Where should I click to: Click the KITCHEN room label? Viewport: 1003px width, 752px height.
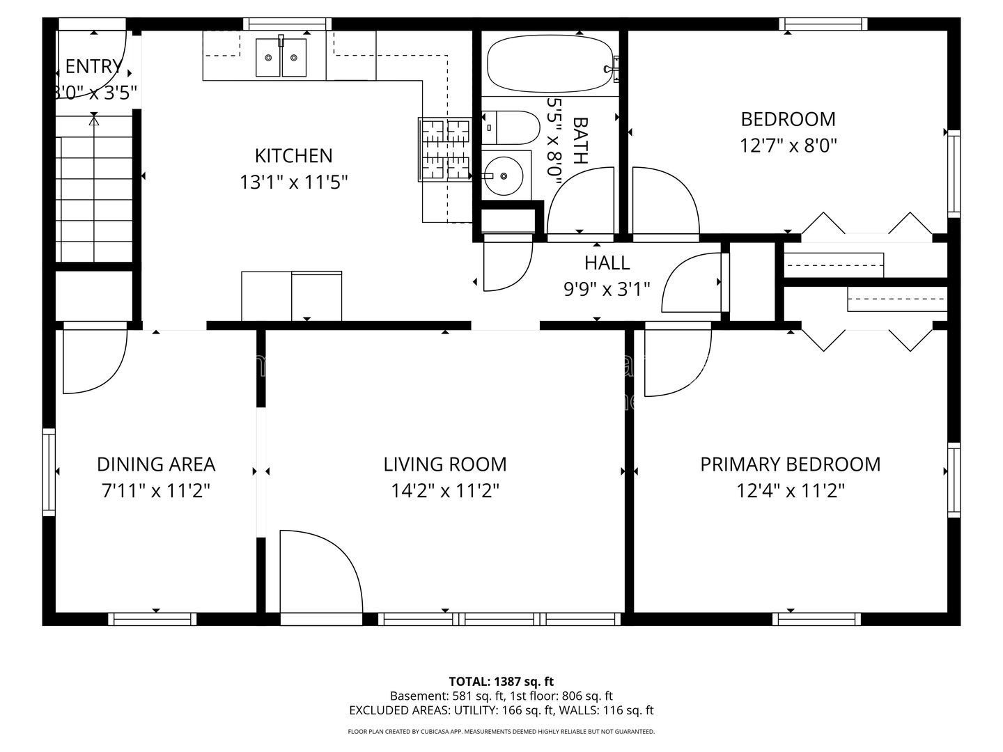pos(293,156)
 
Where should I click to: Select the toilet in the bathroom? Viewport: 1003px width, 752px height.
pos(511,127)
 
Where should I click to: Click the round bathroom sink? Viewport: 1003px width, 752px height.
pos(504,175)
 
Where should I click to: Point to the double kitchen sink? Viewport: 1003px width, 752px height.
pos(281,58)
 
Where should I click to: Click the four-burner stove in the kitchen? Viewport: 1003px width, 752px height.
pos(444,150)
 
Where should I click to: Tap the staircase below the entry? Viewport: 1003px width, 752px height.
pos(94,189)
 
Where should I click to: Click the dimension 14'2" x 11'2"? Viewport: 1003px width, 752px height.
pos(444,492)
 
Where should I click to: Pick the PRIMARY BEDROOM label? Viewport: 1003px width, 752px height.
pos(790,464)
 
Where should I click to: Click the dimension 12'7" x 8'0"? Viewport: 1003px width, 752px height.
pos(788,146)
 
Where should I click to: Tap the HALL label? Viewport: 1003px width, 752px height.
pos(607,263)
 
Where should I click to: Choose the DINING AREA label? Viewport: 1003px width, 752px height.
pos(156,464)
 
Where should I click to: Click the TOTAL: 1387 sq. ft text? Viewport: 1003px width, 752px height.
pos(501,682)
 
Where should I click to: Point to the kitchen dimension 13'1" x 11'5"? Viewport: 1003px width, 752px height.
pos(293,182)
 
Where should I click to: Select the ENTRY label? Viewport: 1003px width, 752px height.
pos(93,67)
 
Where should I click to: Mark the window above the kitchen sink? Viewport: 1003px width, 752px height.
pos(287,24)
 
